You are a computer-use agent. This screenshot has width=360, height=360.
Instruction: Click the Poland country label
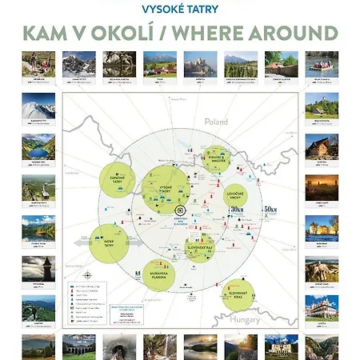coord(216,123)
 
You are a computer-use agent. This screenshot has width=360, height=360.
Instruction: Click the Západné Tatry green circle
coord(118,180)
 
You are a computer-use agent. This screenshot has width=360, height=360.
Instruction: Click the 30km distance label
coord(236,210)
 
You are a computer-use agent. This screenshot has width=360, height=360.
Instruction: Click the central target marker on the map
coord(179,211)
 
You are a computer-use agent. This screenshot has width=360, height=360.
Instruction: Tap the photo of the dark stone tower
coord(38,267)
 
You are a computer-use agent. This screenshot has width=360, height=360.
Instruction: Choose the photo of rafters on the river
coord(322,64)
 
